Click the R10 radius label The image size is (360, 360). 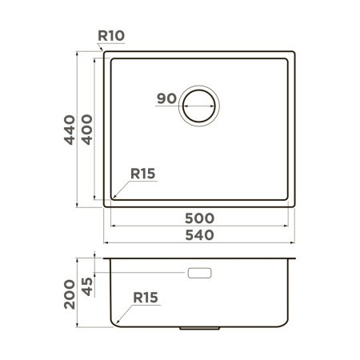click(x=111, y=36)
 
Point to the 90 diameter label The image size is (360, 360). click(x=166, y=99)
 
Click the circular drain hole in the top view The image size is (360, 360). click(x=199, y=105)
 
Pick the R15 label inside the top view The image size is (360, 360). click(x=142, y=174)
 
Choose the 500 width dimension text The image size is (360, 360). click(x=199, y=218)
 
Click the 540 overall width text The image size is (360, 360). click(x=199, y=235)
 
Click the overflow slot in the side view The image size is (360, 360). click(x=199, y=274)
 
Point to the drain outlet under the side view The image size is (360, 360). click(x=199, y=327)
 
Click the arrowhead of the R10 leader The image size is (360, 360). click(x=105, y=54)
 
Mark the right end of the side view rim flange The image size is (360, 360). click(x=296, y=259)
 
